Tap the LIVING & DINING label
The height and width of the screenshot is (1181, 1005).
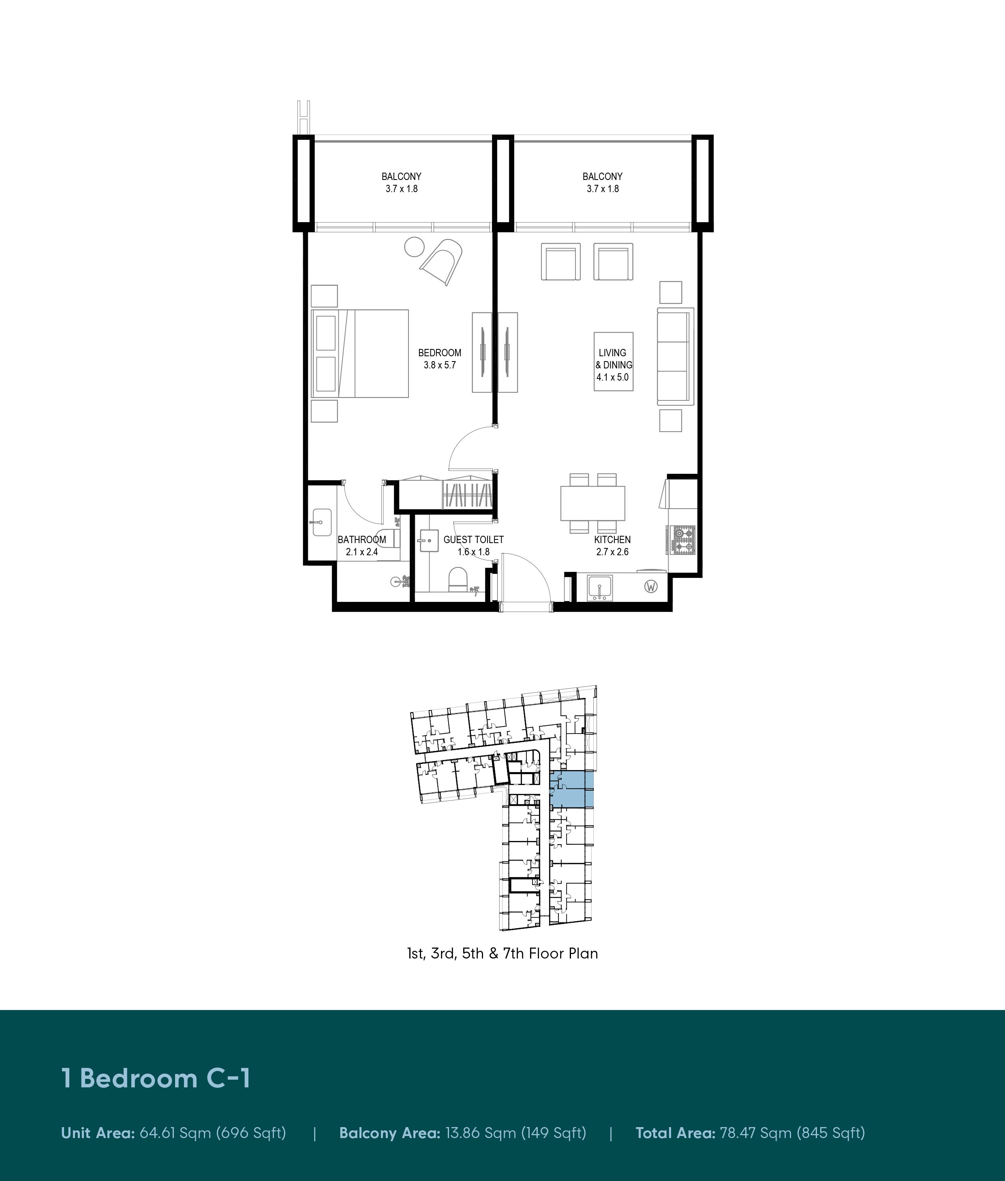coord(614,359)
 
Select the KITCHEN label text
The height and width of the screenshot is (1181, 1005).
coord(612,539)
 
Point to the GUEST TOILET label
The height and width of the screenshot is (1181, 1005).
coord(473,539)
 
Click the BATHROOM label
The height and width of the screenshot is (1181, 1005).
coord(362,539)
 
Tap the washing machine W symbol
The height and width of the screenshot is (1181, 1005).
coord(651,586)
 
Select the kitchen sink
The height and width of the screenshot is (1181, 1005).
coord(600,588)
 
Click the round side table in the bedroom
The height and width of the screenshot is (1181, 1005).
coord(414,247)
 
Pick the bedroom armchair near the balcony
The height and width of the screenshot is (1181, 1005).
coord(442,261)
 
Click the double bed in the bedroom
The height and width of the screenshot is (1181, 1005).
coord(360,353)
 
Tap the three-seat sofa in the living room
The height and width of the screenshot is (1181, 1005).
coord(675,356)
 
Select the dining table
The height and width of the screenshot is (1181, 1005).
coord(592,503)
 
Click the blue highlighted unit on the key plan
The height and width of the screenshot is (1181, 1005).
coord(572,789)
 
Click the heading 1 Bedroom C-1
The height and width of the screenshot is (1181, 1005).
coord(156,1078)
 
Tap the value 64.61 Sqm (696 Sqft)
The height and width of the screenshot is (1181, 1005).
coord(212,1133)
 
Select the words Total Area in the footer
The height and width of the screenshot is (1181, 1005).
coord(675,1133)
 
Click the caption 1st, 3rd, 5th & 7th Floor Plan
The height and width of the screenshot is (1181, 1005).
coord(502,953)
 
